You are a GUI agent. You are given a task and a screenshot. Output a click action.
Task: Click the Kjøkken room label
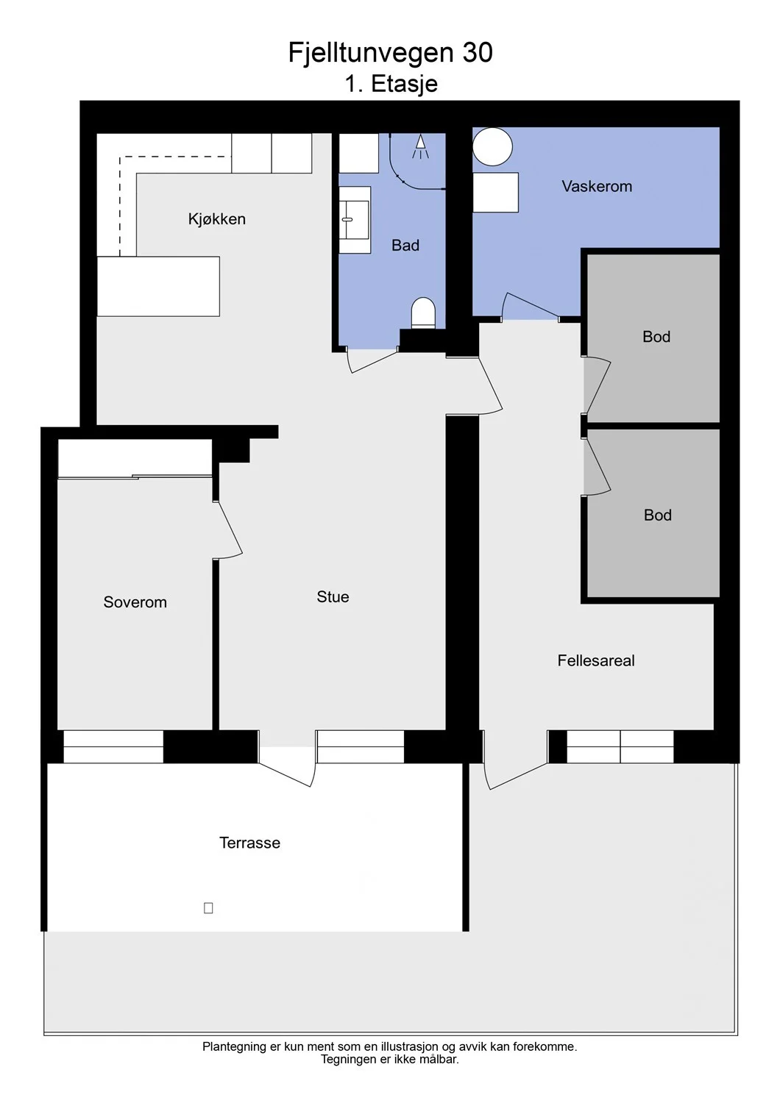click(x=217, y=218)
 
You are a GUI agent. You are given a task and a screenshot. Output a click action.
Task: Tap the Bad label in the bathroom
click(x=405, y=245)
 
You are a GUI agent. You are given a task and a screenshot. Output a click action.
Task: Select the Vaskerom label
click(x=597, y=186)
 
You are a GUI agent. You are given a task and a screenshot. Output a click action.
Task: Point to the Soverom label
click(x=135, y=602)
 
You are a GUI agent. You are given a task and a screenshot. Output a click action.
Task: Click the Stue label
click(x=333, y=597)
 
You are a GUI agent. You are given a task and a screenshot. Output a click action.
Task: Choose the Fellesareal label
click(x=596, y=660)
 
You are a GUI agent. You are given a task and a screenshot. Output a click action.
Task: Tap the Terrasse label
click(x=249, y=843)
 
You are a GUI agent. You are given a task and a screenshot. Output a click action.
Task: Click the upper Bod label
click(x=656, y=337)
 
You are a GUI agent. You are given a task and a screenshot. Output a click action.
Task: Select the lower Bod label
click(x=657, y=515)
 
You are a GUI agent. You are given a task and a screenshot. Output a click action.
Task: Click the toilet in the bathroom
click(x=423, y=313)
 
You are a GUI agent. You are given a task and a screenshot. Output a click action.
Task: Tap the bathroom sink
click(x=355, y=220)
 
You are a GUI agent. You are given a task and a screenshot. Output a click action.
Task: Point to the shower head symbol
click(x=420, y=147)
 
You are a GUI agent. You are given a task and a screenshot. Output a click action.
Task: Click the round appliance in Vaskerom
click(x=492, y=146)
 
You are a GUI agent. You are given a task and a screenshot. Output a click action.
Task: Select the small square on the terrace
click(x=208, y=908)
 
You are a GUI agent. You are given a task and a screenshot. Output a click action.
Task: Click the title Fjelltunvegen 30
click(x=390, y=52)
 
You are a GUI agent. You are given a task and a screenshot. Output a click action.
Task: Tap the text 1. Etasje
click(x=391, y=84)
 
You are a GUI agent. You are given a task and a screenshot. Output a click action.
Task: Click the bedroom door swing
click(x=229, y=530)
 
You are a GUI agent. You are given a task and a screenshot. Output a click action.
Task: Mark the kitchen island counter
click(x=158, y=286)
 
